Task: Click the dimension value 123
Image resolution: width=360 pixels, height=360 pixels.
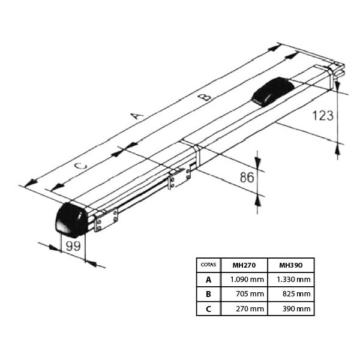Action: tap(323, 115)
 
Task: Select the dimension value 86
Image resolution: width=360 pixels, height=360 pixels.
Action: tap(247, 177)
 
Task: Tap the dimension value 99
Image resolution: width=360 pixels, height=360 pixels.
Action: tap(73, 246)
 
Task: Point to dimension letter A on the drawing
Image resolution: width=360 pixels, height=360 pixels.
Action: tap(137, 115)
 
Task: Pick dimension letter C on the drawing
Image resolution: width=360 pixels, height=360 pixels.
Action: tap(81, 166)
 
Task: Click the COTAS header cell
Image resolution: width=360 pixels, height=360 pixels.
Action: tap(208, 265)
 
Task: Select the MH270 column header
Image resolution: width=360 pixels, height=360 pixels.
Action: tap(244, 265)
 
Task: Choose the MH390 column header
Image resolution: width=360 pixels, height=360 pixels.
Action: tap(291, 265)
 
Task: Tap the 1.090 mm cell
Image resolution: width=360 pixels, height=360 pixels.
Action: tap(247, 280)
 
